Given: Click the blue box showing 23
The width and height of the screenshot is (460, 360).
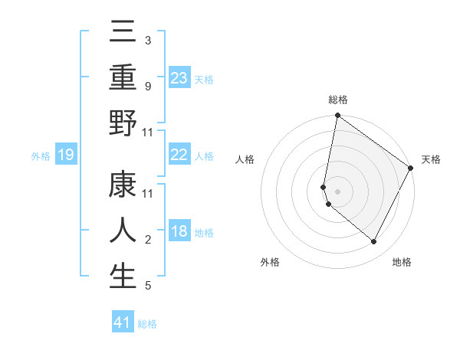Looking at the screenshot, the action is (179, 77).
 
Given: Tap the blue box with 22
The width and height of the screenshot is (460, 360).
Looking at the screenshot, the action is (179, 155).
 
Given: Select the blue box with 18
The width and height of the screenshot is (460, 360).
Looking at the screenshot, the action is (179, 231).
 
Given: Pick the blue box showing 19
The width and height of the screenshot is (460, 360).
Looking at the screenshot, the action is (66, 155).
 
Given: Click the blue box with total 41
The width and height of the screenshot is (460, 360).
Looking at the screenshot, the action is (123, 322).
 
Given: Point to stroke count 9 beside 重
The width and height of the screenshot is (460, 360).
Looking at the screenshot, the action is (148, 87).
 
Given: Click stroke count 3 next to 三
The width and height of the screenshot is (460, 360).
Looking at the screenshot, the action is (148, 40).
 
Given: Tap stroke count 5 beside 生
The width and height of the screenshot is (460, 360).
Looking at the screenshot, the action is (148, 286).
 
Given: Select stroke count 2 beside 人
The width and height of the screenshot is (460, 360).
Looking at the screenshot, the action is (148, 241).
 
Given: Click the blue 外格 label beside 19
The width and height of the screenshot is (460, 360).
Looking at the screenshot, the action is (41, 156).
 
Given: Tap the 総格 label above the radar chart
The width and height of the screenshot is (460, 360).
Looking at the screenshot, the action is (338, 100).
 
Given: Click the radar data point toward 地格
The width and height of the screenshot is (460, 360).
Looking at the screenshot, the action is (374, 242).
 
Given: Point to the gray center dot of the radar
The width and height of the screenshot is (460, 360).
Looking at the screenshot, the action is (338, 191).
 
